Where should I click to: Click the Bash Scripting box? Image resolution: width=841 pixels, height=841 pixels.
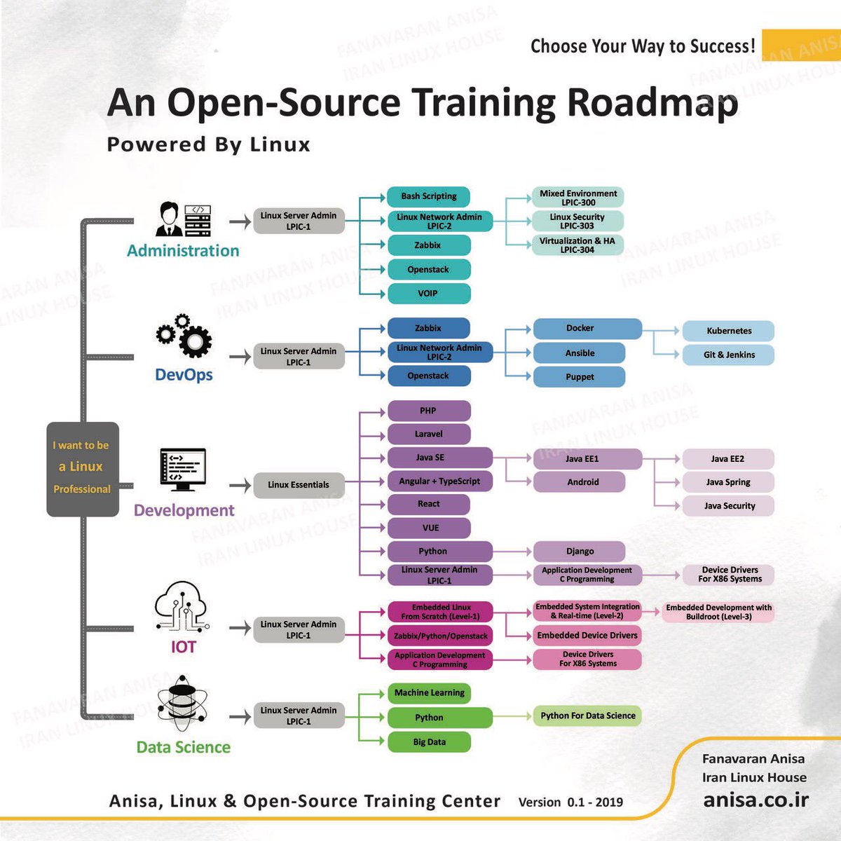pyautogui.click(x=428, y=196)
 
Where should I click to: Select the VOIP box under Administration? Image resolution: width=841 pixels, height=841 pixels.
pyautogui.click(x=428, y=294)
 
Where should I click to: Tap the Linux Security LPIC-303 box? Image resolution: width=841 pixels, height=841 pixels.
pyautogui.click(x=577, y=221)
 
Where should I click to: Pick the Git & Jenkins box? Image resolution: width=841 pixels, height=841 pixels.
pyautogui.click(x=729, y=355)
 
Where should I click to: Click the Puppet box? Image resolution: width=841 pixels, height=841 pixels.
pyautogui.click(x=580, y=377)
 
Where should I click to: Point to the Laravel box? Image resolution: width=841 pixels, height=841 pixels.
pyautogui.click(x=428, y=435)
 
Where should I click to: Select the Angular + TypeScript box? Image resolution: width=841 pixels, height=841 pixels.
pyautogui.click(x=439, y=481)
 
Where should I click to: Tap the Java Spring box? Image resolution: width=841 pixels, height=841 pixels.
pyautogui.click(x=728, y=482)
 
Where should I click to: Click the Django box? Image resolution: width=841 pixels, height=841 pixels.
pyautogui.click(x=580, y=552)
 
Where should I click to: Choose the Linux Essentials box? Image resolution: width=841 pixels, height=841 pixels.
pyautogui.click(x=299, y=485)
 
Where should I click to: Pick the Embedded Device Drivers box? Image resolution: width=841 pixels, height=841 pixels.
pyautogui.click(x=587, y=636)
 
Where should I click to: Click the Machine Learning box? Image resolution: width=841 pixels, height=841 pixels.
pyautogui.click(x=429, y=693)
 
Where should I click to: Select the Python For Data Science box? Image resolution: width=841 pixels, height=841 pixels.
pyautogui.click(x=587, y=716)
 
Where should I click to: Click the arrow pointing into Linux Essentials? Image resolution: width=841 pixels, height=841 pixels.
pyautogui.click(x=240, y=485)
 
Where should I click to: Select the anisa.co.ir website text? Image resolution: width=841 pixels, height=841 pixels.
pyautogui.click(x=755, y=800)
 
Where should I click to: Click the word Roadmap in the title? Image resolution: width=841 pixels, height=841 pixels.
pyautogui.click(x=652, y=102)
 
